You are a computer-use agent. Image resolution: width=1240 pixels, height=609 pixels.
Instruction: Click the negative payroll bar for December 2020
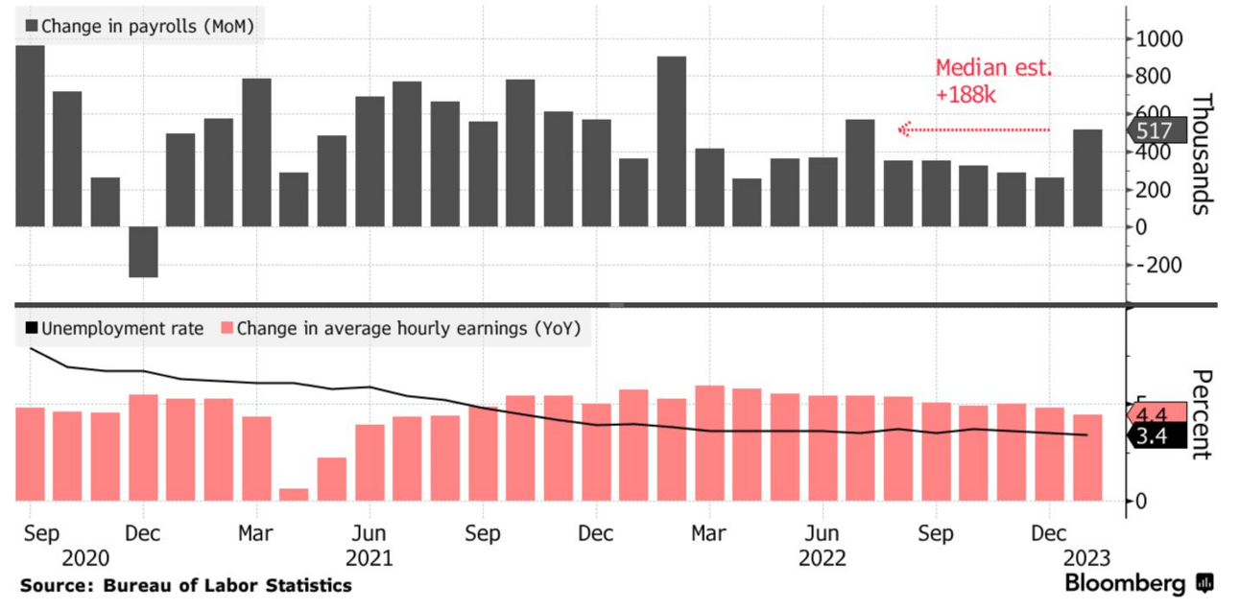[x=143, y=251]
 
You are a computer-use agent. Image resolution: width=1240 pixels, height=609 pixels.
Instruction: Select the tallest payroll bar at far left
[x=30, y=135]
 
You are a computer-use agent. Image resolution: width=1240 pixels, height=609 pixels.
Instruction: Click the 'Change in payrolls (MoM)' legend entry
[x=138, y=26]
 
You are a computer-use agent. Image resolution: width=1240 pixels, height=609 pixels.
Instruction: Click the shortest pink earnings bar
[x=294, y=494]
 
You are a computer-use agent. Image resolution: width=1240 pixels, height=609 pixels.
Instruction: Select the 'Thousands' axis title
[x=1202, y=153]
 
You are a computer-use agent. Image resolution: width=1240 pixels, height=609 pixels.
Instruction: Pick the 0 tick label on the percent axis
[x=1140, y=501]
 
